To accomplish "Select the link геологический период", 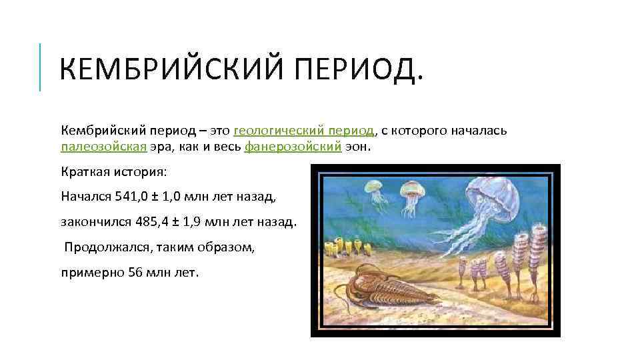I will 305,130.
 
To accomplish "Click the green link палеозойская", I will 103,147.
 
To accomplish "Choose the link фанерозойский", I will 293,147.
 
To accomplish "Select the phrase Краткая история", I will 114,172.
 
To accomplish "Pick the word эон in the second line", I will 355,147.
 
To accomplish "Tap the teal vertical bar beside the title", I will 40,67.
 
